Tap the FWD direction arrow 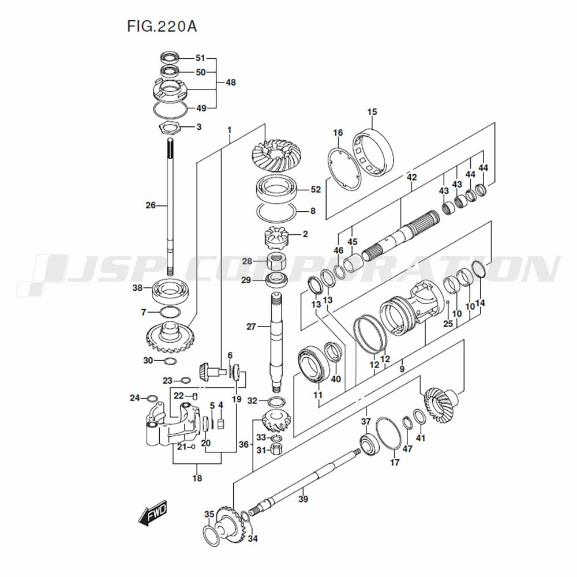tap(153, 512)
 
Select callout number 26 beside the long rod tap(151, 205)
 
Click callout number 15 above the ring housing tap(372, 111)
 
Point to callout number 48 tap(231, 83)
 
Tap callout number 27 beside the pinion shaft tap(251, 327)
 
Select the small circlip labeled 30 tap(170, 361)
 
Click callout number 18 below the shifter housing tap(197, 478)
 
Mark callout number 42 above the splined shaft tap(411, 177)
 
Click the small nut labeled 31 tap(276, 449)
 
